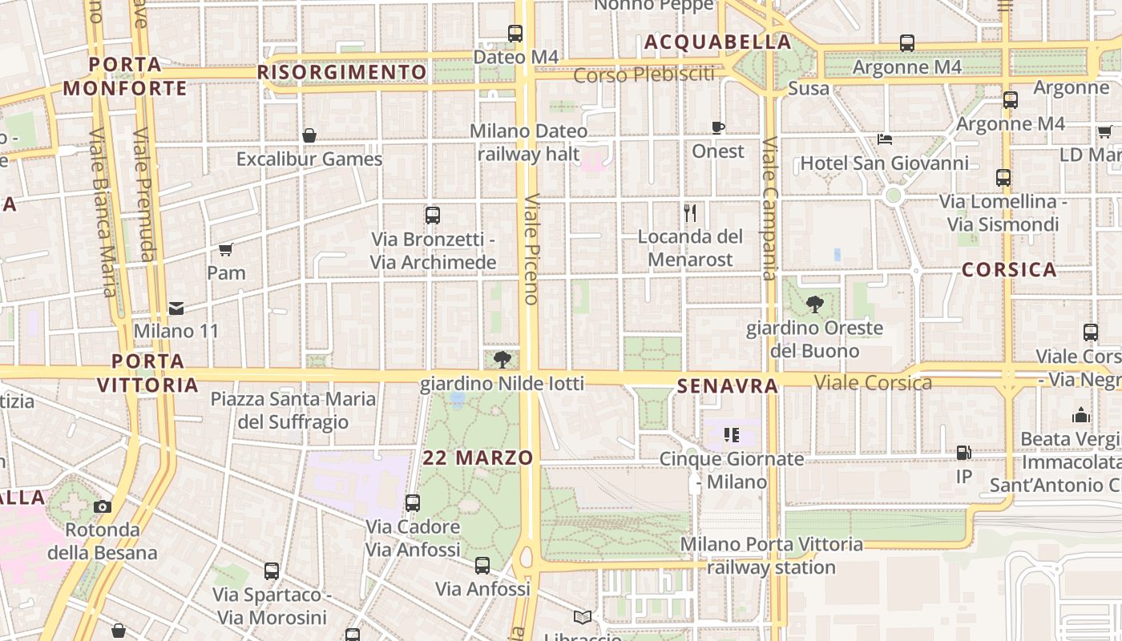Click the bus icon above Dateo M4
[515, 34]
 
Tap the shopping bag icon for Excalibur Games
[309, 135]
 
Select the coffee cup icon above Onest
[718, 127]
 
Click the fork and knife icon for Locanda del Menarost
[690, 212]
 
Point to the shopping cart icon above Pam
[226, 249]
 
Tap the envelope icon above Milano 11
[176, 308]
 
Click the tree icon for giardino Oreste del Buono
[815, 304]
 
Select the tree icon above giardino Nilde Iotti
[502, 360]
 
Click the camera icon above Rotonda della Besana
[102, 506]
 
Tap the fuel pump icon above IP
[963, 453]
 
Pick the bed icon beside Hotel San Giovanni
[885, 139]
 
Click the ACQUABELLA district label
[717, 42]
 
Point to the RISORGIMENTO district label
[342, 72]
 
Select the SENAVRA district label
[728, 386]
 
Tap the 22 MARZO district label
[478, 458]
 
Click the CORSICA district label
[1009, 269]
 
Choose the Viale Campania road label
[770, 208]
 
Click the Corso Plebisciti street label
[644, 75]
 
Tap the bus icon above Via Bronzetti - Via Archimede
[433, 215]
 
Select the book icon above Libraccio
[583, 618]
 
